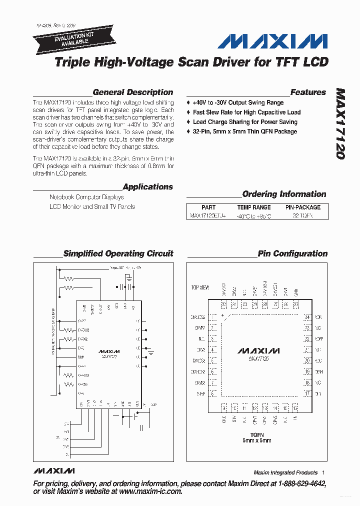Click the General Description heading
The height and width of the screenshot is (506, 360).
133,92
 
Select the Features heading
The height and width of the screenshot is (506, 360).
308,92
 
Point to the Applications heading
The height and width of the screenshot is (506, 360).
147,187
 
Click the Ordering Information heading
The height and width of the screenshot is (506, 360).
284,194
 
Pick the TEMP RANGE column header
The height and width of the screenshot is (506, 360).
254,207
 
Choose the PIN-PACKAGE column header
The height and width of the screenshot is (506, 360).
303,207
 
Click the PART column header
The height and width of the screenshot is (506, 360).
208,207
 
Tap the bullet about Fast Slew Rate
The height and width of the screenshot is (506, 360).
246,112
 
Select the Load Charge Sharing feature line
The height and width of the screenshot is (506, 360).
245,122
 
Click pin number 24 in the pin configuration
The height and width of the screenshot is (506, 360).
307,317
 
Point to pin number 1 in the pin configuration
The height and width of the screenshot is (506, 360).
213,317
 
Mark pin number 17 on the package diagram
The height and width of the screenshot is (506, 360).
307,394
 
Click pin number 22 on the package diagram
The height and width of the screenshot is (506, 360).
307,339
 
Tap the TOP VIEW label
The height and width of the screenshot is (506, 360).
200,288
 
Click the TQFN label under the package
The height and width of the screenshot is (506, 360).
256,435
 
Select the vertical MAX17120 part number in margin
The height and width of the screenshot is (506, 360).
340,124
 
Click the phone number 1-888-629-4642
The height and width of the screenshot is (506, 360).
297,484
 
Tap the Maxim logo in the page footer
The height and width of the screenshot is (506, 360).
54,471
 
